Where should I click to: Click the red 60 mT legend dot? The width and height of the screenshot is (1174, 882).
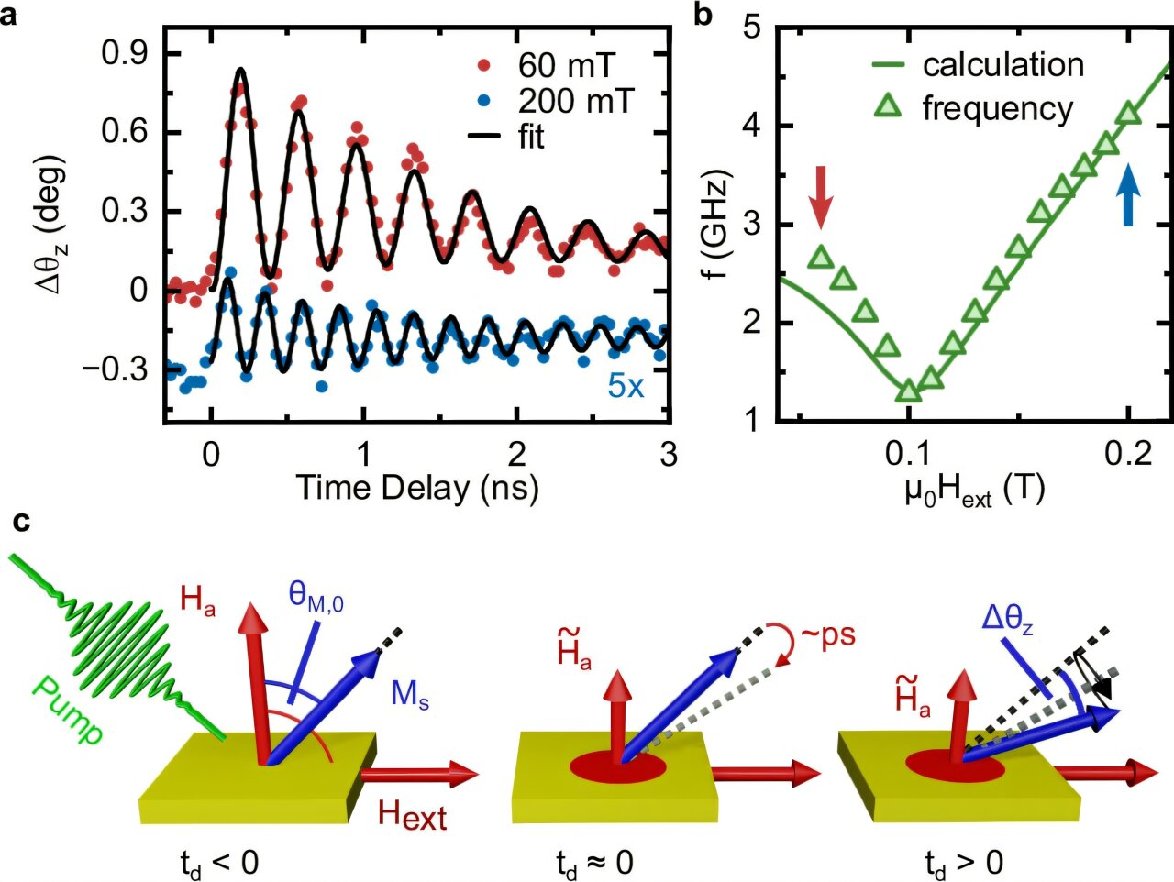coord(485,66)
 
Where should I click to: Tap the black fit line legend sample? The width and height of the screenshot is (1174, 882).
coord(485,137)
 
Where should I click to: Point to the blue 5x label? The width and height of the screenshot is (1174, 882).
coord(626,386)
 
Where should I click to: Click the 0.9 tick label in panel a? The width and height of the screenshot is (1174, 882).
coord(125,53)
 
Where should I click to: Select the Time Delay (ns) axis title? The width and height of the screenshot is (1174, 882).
coord(416,487)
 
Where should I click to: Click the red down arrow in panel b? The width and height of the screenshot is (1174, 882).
coord(821,196)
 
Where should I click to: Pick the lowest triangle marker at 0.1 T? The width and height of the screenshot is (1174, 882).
coord(908,391)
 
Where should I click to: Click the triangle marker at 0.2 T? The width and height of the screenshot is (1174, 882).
coord(1129,115)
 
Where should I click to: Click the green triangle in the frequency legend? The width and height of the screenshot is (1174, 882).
coord(887,108)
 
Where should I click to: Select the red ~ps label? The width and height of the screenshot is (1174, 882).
coord(825,634)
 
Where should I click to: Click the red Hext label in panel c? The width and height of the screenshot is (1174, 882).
coord(412,814)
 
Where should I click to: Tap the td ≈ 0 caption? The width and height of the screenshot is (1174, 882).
coord(593,863)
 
